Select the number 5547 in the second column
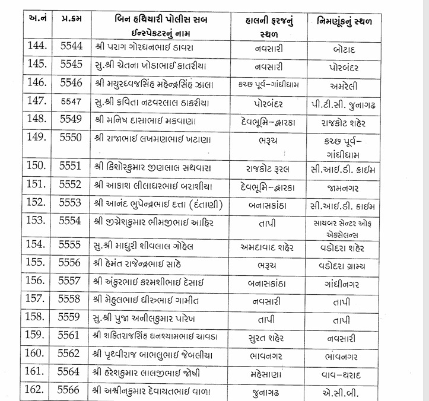[70, 102]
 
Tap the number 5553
[70, 203]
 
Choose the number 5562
[70, 355]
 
